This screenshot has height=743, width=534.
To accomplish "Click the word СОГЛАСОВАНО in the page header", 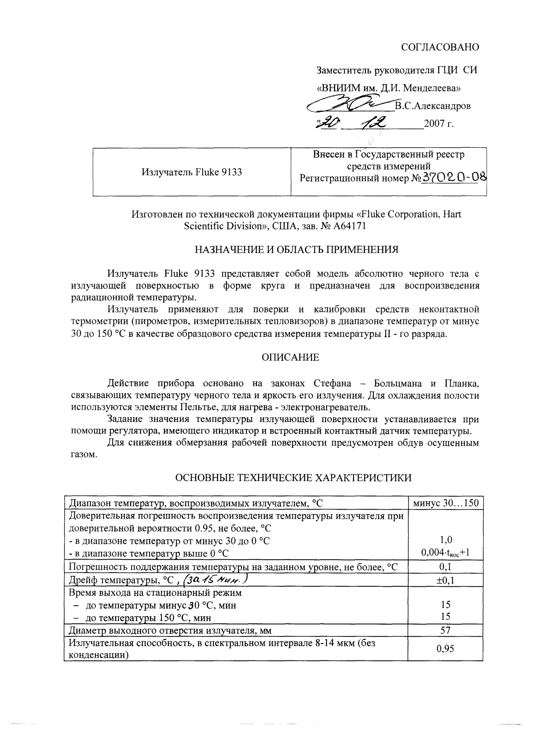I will (439, 47).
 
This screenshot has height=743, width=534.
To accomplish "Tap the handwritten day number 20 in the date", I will (328, 123).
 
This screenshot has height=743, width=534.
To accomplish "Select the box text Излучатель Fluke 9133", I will (192, 172).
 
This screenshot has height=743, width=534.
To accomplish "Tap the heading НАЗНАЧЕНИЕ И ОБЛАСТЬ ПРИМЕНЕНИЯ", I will (296, 249).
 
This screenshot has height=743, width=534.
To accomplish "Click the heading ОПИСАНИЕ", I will (290, 358).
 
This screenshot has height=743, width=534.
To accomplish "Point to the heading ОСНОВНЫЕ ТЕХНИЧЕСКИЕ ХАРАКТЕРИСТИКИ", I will (293, 478).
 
